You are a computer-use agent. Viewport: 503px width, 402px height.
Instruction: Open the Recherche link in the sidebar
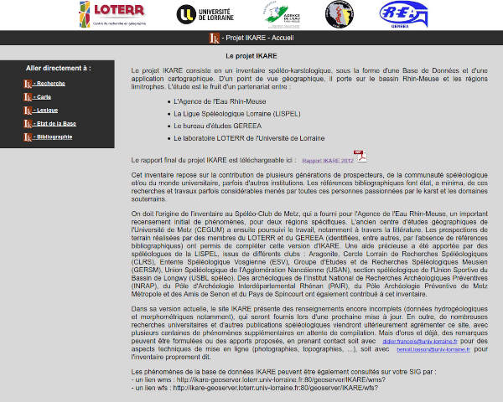(51, 84)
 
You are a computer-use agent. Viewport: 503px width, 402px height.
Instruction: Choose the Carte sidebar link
(44, 97)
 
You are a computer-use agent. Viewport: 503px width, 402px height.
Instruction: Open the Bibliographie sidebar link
(54, 137)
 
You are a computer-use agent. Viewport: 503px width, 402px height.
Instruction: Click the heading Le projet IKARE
(251, 55)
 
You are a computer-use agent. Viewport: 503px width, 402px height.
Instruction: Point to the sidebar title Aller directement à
(58, 68)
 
